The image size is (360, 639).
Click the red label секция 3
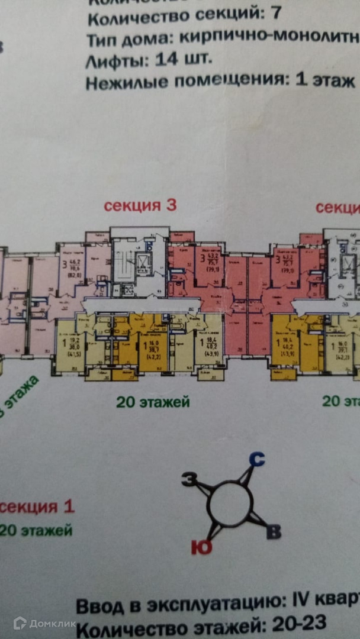140,206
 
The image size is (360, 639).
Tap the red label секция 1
37,507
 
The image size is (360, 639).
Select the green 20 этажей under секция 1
36,530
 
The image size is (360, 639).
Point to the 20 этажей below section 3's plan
153,402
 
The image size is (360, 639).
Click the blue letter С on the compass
256,459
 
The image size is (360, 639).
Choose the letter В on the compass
272,532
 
